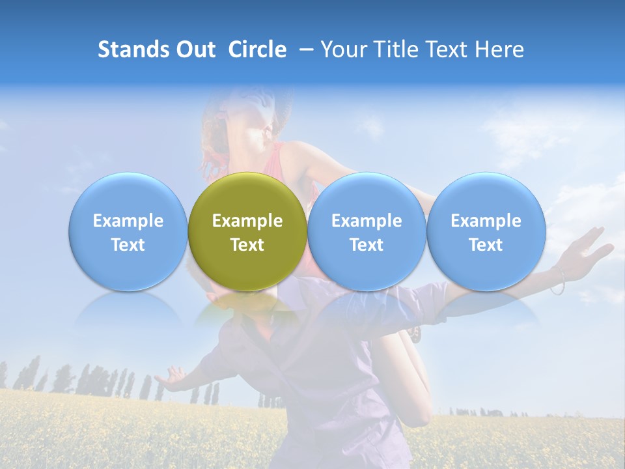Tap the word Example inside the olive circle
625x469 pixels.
pyautogui.click(x=247, y=221)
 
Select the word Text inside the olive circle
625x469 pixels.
pyautogui.click(x=247, y=245)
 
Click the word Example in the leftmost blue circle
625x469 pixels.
pyautogui.click(x=128, y=221)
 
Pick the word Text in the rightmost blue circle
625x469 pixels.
pyautogui.click(x=486, y=245)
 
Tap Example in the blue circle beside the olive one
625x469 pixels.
pyautogui.click(x=367, y=221)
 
